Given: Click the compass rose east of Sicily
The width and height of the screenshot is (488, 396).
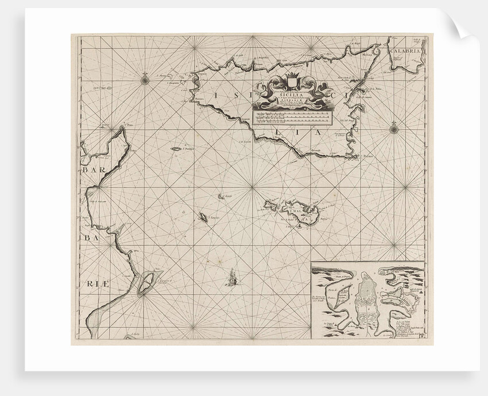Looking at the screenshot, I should pos(394,129).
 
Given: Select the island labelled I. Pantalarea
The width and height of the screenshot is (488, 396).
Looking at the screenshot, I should pos(176,149).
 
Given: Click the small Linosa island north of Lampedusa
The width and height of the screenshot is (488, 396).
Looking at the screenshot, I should pos(221,196).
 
